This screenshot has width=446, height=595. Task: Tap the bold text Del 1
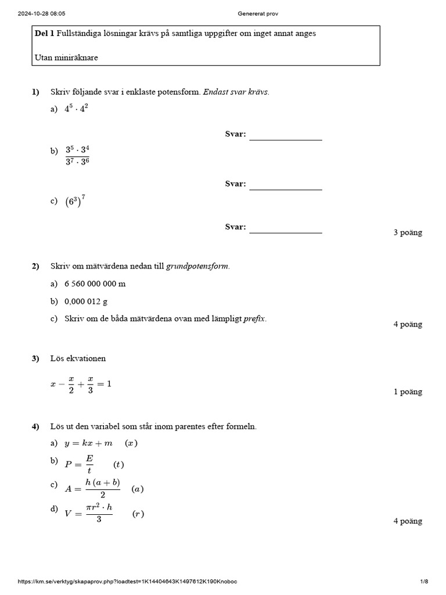pos(45,34)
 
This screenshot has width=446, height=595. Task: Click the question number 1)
pos(35,92)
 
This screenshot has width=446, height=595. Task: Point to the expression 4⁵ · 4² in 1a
pos(76,109)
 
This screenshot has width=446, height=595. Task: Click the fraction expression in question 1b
pos(77,155)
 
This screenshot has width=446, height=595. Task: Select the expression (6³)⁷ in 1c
pos(75,202)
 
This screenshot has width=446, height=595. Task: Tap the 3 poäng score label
pos(408,232)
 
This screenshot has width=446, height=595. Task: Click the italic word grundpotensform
pos(197,266)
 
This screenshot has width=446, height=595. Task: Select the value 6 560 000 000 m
pos(95,284)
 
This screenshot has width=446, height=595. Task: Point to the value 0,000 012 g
pos(86,301)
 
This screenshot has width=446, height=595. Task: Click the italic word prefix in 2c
pos(256,319)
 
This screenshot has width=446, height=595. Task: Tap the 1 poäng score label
pos(408,392)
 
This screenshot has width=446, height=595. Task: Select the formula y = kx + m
pos(88,443)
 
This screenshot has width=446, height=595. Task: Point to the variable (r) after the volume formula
pos(138,514)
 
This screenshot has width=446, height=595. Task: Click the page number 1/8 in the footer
pos(424,582)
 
